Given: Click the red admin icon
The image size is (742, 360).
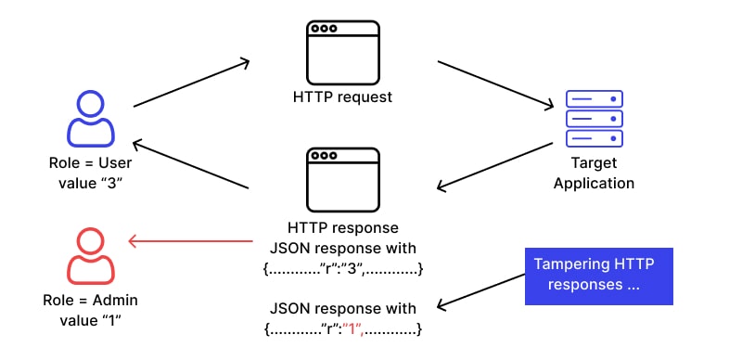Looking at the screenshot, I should tap(91, 255).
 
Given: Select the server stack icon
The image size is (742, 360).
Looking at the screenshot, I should tap(594, 118).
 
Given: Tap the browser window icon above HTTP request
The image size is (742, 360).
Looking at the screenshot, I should tap(343, 51).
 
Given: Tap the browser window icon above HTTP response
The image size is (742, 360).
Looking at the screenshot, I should tap(343, 180).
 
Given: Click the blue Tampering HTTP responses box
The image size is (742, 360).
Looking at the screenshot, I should tap(598, 276).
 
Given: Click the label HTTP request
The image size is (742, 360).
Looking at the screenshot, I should tap(344, 96).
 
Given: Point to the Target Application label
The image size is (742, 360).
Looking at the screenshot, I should tap(594, 173).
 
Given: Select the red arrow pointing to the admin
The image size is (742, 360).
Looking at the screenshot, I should tap(190, 241).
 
